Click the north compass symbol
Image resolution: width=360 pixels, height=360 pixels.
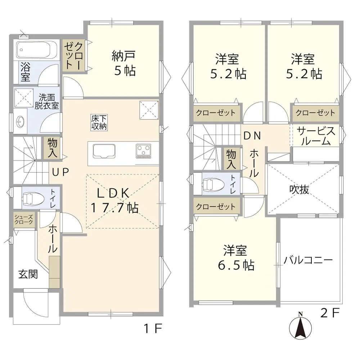click(x=300, y=327)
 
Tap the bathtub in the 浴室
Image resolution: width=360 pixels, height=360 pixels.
click(x=37, y=50)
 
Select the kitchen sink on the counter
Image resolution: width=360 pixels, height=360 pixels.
click(x=104, y=151)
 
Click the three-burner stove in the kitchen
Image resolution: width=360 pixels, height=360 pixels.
click(x=143, y=151)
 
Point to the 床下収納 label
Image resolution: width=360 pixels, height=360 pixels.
click(x=99, y=122)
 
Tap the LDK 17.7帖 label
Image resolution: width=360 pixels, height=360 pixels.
click(x=114, y=200)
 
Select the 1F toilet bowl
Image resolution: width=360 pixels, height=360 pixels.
click(x=33, y=198)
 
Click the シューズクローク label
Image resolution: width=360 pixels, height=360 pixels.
click(x=24, y=220)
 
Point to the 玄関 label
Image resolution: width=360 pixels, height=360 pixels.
click(x=28, y=274)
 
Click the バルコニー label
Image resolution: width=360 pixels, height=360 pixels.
click(x=308, y=260)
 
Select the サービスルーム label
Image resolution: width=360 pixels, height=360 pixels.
click(x=316, y=136)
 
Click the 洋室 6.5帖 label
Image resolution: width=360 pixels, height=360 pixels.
click(x=236, y=258)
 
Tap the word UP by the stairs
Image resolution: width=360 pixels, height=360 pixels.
click(x=60, y=172)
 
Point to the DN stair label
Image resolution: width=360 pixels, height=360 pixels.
click(x=252, y=136)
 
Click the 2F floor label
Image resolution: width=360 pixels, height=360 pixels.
click(x=330, y=313)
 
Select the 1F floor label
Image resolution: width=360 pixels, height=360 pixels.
click(x=153, y=328)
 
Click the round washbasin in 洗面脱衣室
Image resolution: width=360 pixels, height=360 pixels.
click(x=20, y=121)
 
